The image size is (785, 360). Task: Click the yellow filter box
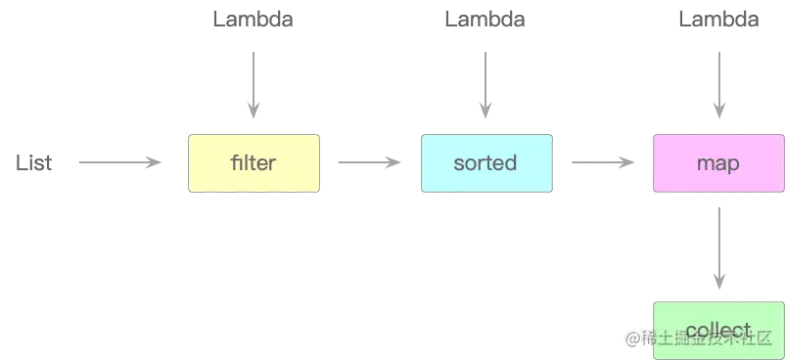[254, 163]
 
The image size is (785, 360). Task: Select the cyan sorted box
[485, 163]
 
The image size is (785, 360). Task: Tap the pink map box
[717, 163]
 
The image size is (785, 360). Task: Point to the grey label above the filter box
[254, 19]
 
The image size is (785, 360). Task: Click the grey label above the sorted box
[481, 19]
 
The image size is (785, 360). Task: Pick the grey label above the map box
[716, 19]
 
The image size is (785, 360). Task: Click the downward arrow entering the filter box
[254, 83]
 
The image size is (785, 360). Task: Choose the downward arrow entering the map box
[717, 83]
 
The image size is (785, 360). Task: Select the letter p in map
[733, 164]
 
